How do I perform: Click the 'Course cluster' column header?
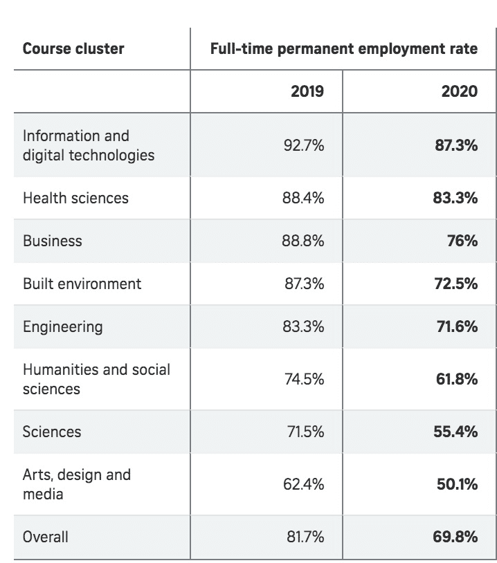(x=73, y=49)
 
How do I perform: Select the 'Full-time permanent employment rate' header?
(x=343, y=49)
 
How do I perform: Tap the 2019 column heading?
(x=307, y=91)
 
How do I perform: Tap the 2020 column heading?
(x=459, y=91)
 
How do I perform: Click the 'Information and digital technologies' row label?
(x=89, y=145)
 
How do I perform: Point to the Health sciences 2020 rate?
(x=456, y=198)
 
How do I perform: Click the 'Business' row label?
(x=53, y=241)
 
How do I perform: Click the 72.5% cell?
(x=456, y=284)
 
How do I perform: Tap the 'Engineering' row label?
(x=62, y=326)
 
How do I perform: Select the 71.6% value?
(x=456, y=326)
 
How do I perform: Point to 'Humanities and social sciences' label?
(x=96, y=379)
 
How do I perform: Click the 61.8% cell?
(x=456, y=379)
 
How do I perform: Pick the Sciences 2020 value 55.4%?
(x=456, y=432)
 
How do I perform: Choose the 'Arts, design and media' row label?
(x=76, y=484)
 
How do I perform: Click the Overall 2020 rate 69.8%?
(x=456, y=536)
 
